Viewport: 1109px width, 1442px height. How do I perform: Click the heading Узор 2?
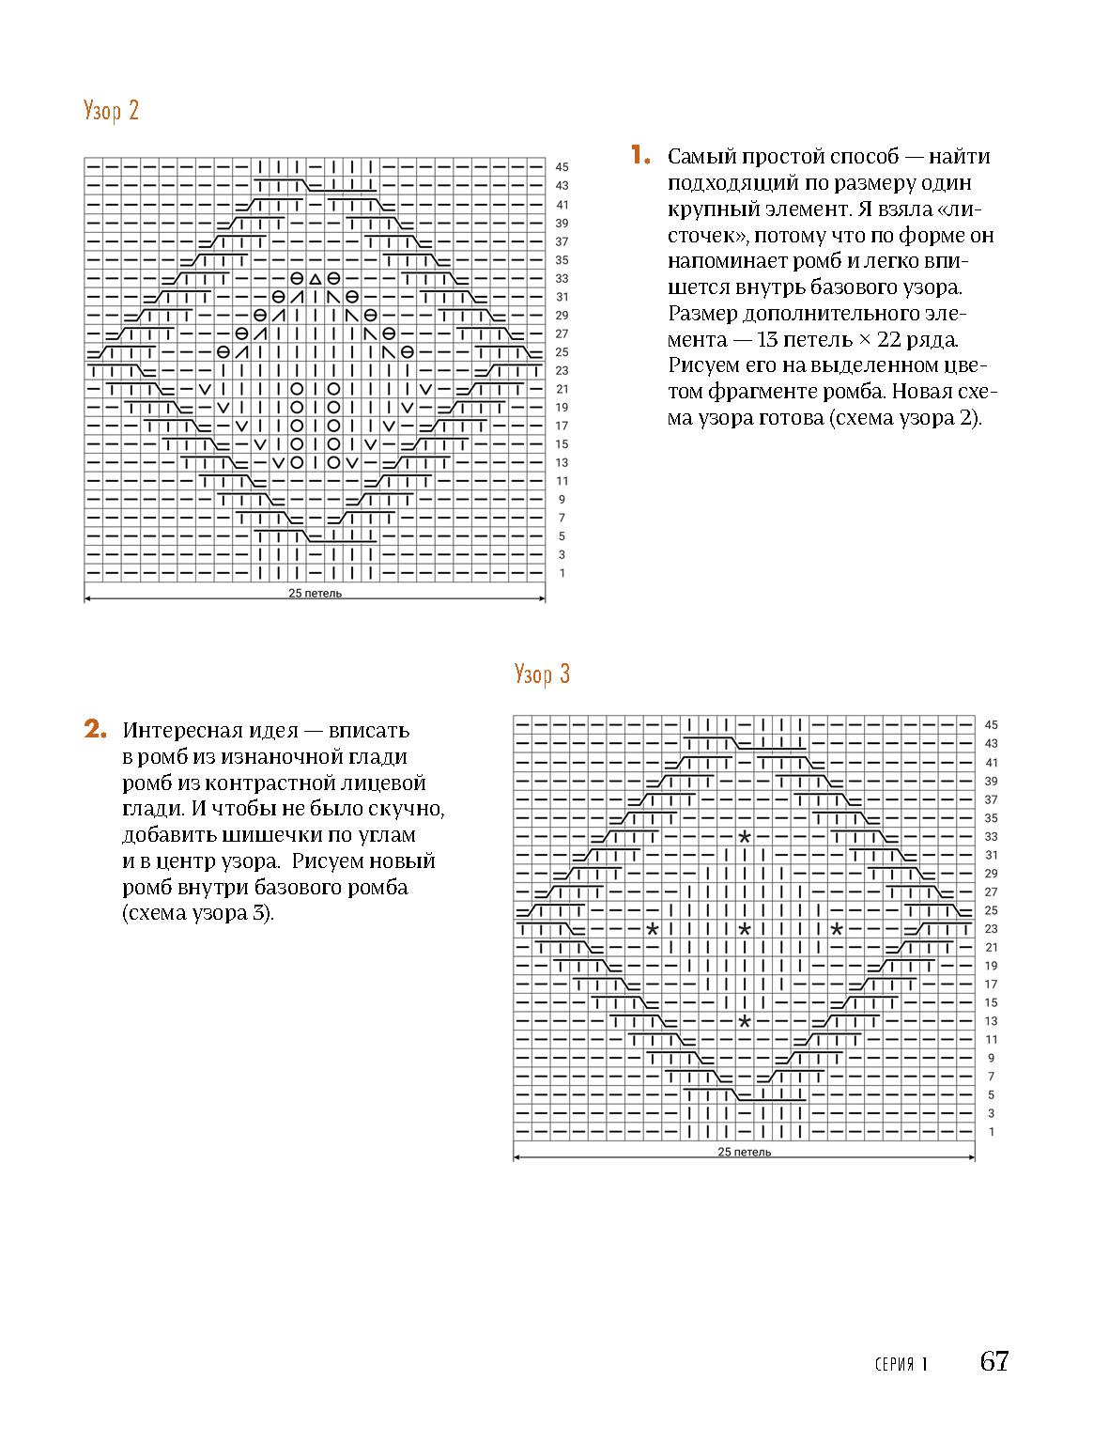(x=111, y=111)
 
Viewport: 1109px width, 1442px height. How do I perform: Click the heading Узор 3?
(x=542, y=674)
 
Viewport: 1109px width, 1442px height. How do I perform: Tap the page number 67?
(x=993, y=1361)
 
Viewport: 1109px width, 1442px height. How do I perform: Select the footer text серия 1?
(x=900, y=1364)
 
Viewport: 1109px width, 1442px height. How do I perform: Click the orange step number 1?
(x=640, y=156)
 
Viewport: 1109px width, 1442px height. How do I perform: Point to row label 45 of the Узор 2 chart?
(x=562, y=167)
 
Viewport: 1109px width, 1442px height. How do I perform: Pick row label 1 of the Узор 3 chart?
(x=992, y=1132)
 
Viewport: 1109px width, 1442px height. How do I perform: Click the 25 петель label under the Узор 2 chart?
(x=316, y=594)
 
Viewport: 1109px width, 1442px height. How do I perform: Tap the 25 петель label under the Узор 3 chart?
(x=745, y=1152)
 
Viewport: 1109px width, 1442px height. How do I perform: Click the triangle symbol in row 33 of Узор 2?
(x=315, y=279)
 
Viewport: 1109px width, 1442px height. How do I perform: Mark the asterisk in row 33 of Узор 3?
(x=745, y=836)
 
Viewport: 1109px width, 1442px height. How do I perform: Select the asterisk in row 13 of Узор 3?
(x=745, y=1021)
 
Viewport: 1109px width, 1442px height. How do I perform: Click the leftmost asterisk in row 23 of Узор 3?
(x=653, y=929)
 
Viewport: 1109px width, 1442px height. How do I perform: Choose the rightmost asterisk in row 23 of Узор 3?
(x=836, y=929)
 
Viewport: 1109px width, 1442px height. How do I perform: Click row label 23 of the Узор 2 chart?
(x=562, y=370)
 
